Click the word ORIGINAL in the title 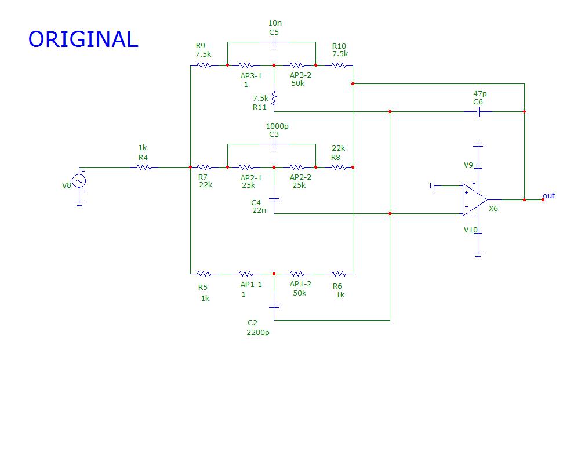83,39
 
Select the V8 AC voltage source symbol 79,181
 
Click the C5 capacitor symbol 274,42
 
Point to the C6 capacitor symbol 478,112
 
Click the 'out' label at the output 549,196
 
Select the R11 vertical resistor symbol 274,98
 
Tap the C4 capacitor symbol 274,199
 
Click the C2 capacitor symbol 274,305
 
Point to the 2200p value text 257,333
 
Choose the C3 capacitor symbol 274,144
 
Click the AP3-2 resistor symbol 297,66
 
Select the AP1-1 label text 251,285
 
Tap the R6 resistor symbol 339,274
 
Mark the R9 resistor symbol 204,66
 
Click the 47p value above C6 480,93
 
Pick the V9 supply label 468,165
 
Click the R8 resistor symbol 339,168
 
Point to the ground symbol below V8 79,202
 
